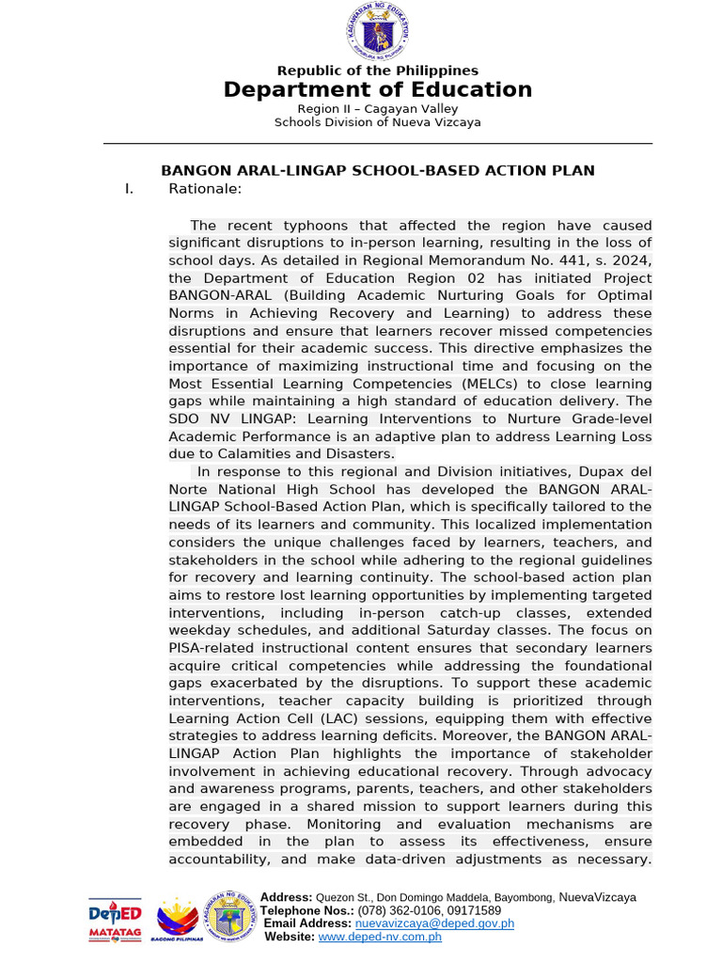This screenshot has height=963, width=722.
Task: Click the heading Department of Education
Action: click(377, 90)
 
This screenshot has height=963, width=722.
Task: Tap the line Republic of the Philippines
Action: click(377, 71)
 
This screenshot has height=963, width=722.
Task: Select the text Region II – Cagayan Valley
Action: click(377, 109)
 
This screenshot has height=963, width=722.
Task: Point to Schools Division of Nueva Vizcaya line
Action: click(377, 122)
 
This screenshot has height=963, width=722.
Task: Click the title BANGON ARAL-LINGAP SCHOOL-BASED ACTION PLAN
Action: click(378, 170)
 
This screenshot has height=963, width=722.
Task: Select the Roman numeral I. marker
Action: click(129, 189)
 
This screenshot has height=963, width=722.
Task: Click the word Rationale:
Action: click(205, 189)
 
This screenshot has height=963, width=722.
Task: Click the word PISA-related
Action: click(217, 648)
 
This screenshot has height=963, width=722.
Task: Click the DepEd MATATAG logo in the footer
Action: click(116, 919)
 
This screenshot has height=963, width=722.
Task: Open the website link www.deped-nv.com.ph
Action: click(380, 937)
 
